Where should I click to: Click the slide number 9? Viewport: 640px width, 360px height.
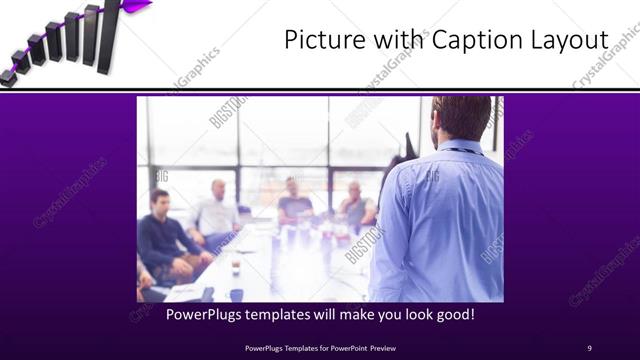pyautogui.click(x=589, y=347)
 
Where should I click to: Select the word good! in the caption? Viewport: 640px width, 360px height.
pyautogui.click(x=452, y=314)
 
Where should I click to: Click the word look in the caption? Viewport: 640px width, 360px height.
pyautogui.click(x=407, y=314)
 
